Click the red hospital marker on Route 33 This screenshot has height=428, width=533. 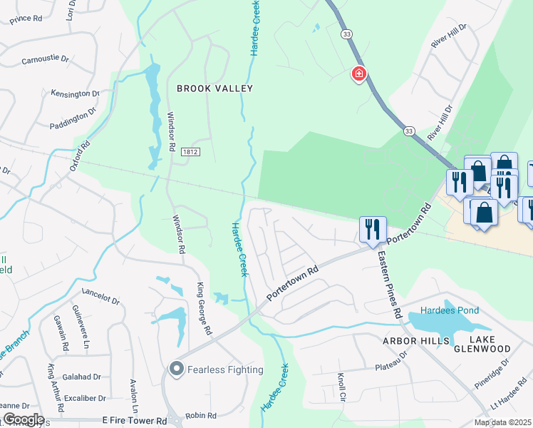[359, 74]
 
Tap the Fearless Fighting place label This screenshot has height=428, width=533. [225, 370]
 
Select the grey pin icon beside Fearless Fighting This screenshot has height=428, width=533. [176, 369]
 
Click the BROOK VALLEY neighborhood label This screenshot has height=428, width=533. [215, 88]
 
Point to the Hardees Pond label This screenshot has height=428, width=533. [449, 310]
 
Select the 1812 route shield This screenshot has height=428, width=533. [190, 152]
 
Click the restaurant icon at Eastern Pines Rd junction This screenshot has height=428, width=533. [373, 229]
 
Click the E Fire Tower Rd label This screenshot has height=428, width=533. [135, 421]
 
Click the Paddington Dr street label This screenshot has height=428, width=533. [73, 119]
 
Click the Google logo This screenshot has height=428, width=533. [23, 419]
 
